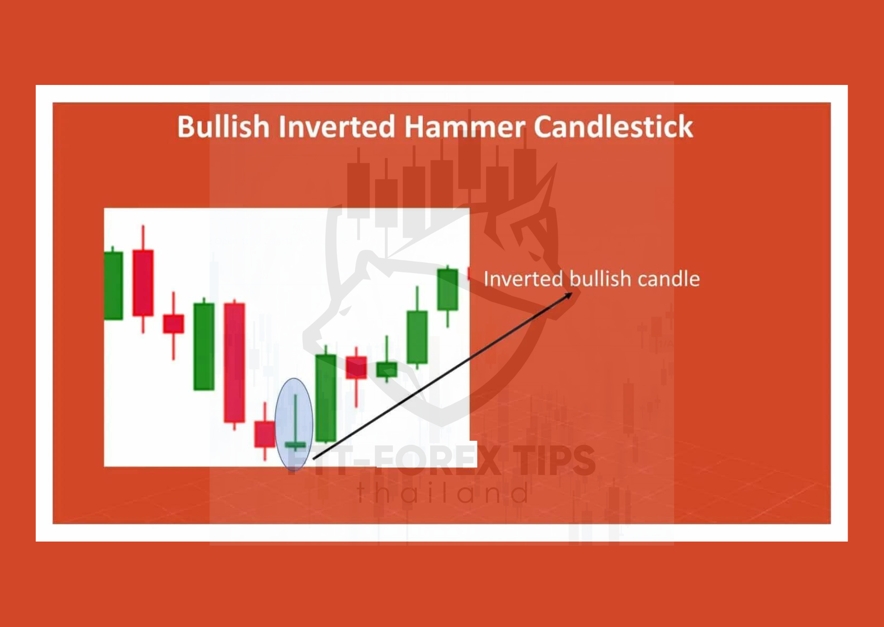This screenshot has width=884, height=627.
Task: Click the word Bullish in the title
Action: [223, 126]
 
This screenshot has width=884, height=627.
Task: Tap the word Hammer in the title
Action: [464, 126]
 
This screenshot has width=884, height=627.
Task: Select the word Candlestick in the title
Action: [613, 126]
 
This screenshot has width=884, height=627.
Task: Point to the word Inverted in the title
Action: [336, 126]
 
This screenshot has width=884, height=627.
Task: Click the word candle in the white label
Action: [669, 279]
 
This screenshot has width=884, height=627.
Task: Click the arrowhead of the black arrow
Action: [569, 295]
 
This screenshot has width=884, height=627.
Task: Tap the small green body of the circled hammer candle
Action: [295, 445]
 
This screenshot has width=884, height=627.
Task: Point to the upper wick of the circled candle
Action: [295, 418]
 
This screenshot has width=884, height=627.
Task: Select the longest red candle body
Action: [235, 363]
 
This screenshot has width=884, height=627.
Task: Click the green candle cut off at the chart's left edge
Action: [113, 285]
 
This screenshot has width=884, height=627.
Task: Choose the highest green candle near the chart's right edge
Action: [448, 290]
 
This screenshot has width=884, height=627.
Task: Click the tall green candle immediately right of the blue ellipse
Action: [326, 398]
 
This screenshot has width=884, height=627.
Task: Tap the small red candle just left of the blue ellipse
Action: [264, 434]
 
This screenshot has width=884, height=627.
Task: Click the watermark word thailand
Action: [444, 492]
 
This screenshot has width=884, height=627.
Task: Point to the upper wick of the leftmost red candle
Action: [143, 238]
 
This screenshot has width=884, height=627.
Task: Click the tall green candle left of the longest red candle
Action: [204, 346]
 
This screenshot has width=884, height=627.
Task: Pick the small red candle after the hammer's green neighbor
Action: [356, 368]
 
